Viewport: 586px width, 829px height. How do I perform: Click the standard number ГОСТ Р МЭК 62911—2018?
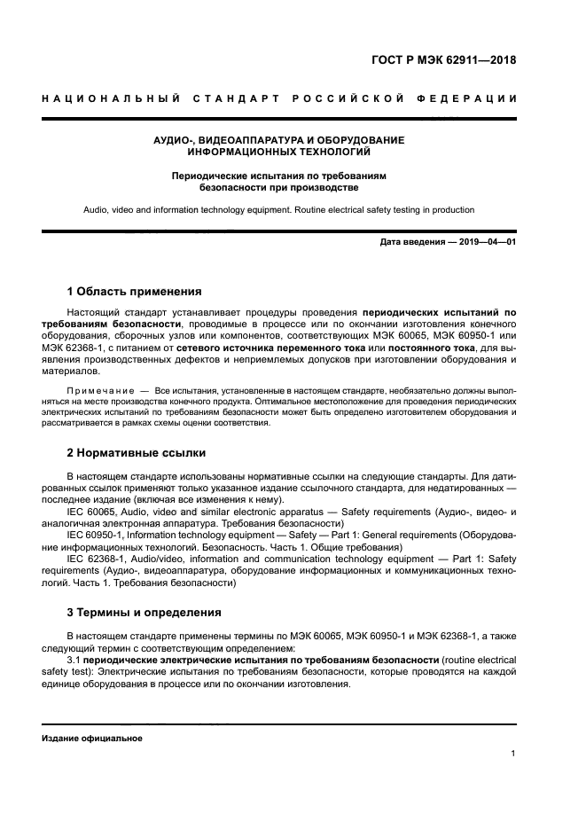[445, 60]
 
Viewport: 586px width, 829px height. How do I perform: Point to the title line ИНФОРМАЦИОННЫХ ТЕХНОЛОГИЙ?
[278, 153]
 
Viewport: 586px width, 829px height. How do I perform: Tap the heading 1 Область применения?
[135, 291]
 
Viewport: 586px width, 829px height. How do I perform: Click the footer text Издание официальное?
[92, 739]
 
